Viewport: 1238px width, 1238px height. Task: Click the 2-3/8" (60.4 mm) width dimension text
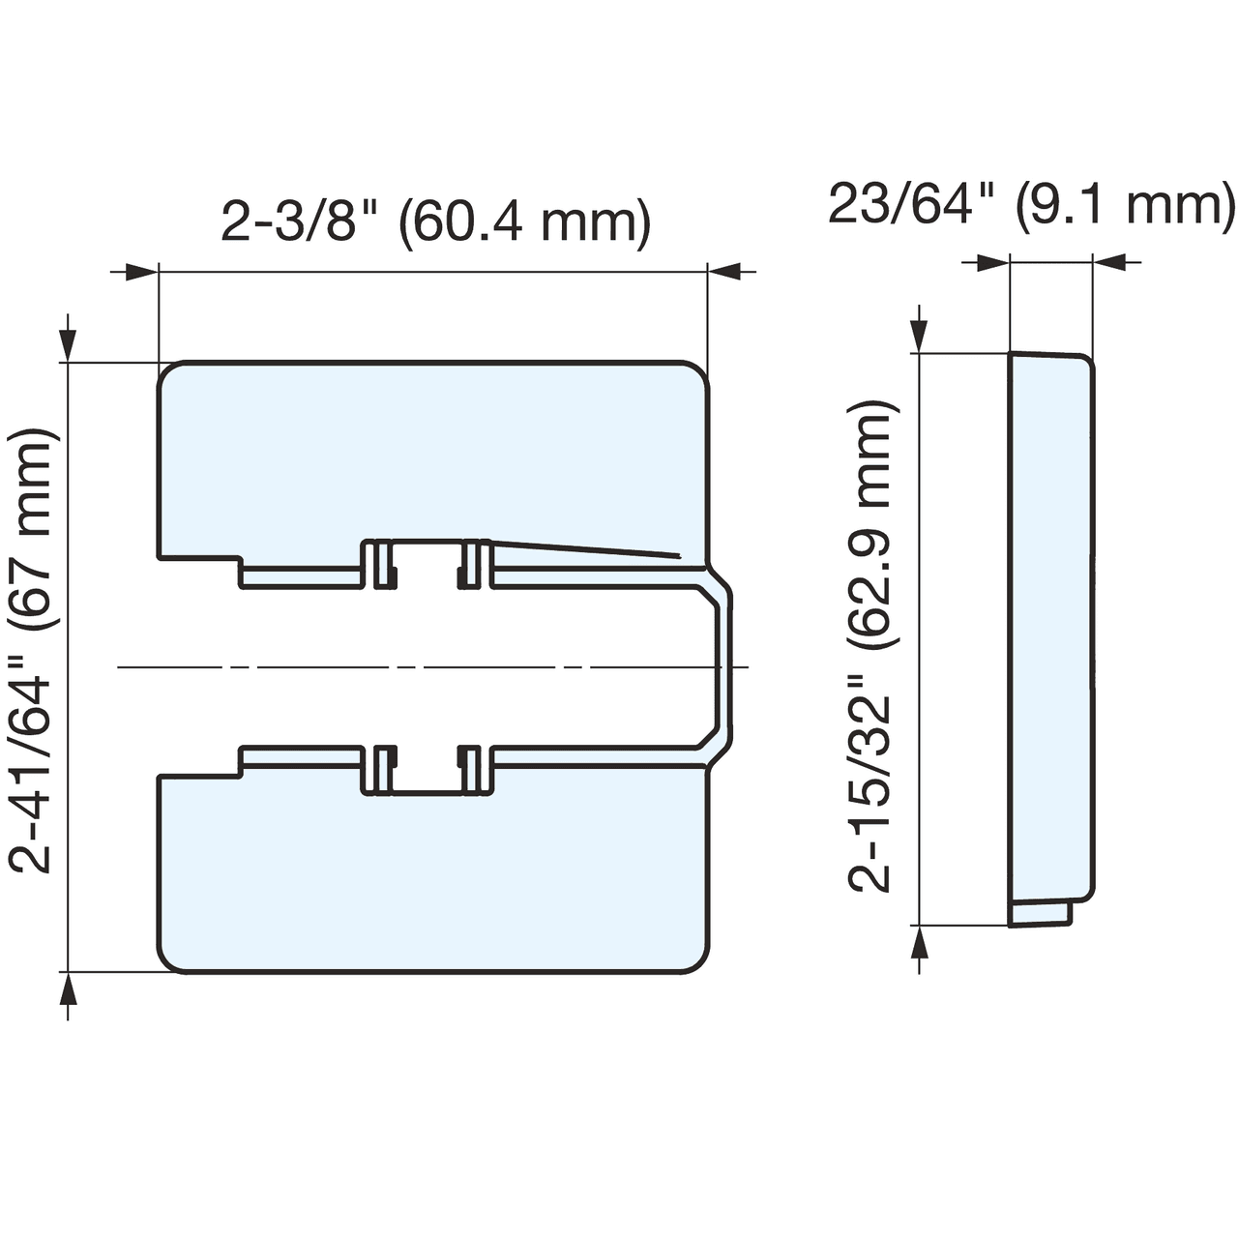coord(436,222)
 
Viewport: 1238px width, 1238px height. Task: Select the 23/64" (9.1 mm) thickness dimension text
coord(1031,205)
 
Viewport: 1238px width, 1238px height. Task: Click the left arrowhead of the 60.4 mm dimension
coord(141,273)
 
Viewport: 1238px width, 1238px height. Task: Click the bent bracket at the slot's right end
coord(721,666)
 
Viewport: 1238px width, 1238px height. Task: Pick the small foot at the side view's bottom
coord(1041,914)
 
